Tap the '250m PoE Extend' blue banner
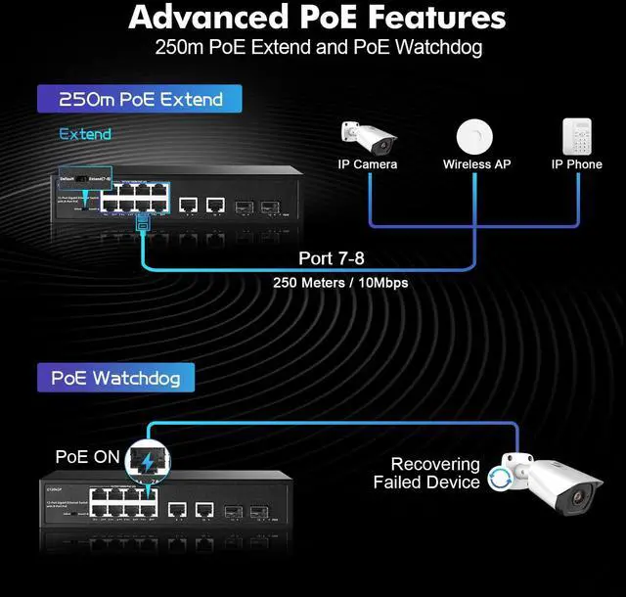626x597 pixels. pos(140,99)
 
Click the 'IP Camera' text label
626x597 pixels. pos(368,164)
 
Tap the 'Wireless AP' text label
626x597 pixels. pos(476,164)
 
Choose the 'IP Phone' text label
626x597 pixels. pos(576,164)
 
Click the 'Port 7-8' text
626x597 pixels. pos(339,259)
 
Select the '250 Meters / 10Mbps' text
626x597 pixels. pos(340,283)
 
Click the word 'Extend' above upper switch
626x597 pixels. pos(85,134)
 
